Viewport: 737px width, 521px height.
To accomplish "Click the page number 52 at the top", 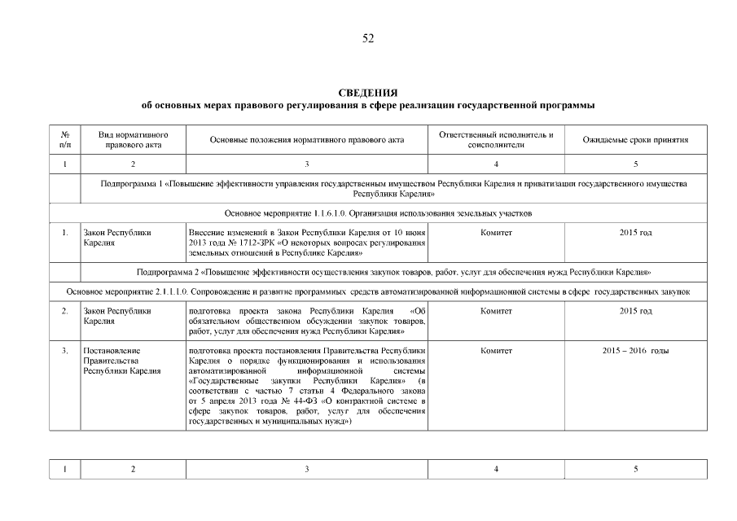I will pyautogui.click(x=368, y=39).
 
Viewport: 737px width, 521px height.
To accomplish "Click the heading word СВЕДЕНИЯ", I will pyautogui.click(x=368, y=93).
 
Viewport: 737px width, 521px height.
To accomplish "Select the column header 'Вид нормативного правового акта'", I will pyautogui.click(x=133, y=139).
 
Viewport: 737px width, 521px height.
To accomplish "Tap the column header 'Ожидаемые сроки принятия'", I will pyautogui.click(x=635, y=140).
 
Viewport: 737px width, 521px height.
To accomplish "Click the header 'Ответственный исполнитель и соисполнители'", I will pyautogui.click(x=496, y=139).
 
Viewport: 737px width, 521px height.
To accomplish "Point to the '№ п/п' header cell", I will pyautogui.click(x=64, y=139).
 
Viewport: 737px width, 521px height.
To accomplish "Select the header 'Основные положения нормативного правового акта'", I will pyautogui.click(x=307, y=140).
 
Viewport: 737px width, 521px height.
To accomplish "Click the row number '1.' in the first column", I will pyautogui.click(x=64, y=233).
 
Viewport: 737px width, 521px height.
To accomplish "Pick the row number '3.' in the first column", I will pyautogui.click(x=64, y=351).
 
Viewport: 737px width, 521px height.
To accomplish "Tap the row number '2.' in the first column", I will pyautogui.click(x=64, y=312).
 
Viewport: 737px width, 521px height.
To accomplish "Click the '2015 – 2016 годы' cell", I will pyautogui.click(x=635, y=351).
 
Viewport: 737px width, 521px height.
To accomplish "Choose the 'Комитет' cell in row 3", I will pyautogui.click(x=496, y=351).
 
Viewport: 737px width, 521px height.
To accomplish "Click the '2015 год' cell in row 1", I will pyautogui.click(x=635, y=233).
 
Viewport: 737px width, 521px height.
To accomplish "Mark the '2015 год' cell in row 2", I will pyautogui.click(x=635, y=312).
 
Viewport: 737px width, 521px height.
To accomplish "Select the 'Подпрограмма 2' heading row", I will pyautogui.click(x=393, y=271).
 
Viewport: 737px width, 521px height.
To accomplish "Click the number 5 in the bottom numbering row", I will pyautogui.click(x=635, y=469).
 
